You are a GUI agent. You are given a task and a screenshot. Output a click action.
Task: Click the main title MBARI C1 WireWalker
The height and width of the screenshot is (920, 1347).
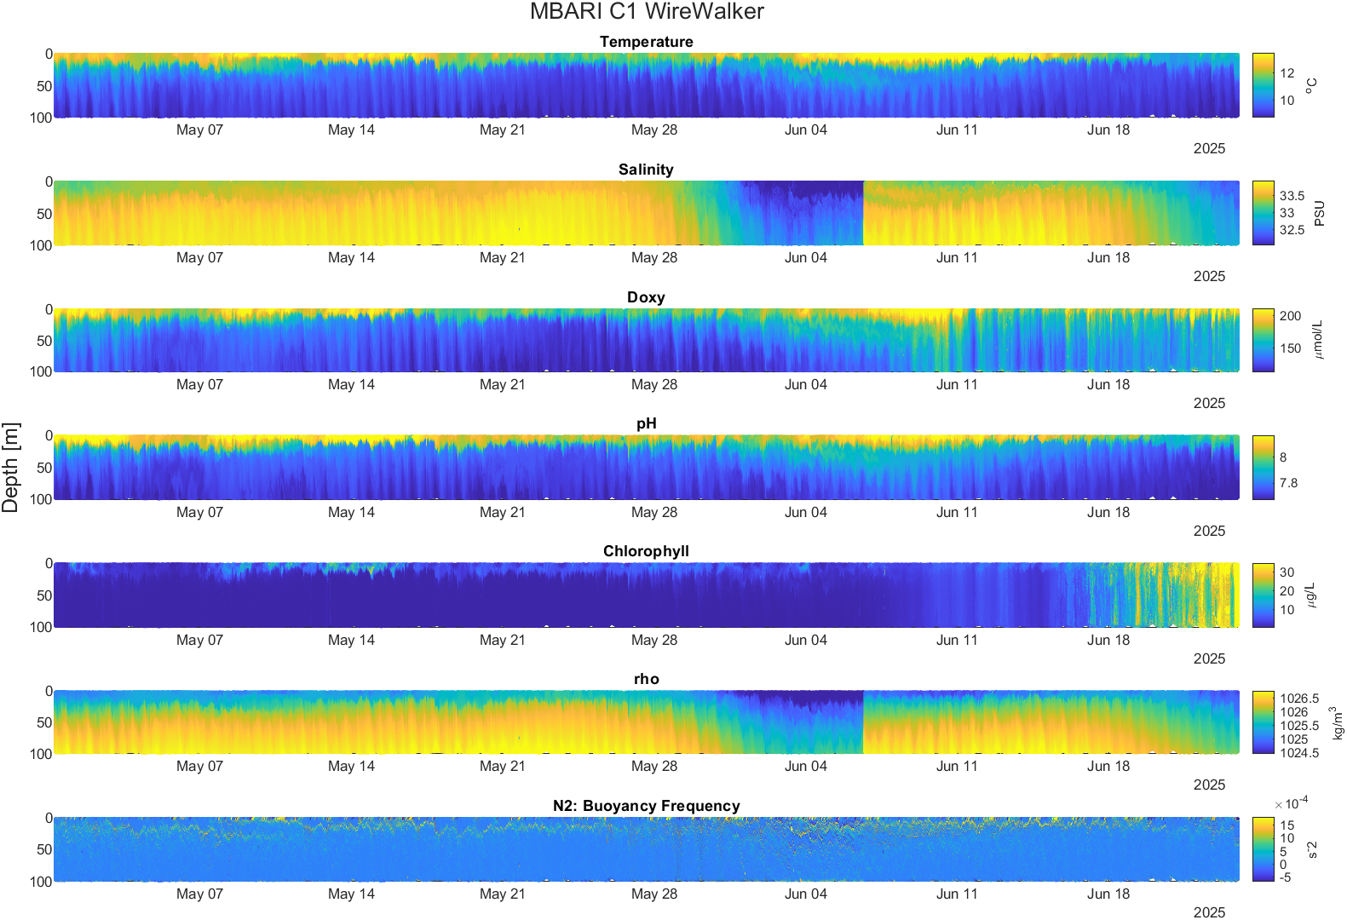647,11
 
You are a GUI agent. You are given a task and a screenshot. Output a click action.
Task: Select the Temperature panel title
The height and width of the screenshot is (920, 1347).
647,42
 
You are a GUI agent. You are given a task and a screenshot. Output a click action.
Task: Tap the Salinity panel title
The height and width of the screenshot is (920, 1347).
647,170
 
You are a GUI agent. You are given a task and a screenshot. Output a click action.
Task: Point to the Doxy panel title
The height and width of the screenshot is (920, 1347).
647,297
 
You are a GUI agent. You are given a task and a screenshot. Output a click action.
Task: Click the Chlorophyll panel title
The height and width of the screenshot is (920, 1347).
647,551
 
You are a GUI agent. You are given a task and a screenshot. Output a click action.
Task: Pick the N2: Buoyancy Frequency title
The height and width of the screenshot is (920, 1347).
647,806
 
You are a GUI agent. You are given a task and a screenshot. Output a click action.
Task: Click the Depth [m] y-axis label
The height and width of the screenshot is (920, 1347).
10,467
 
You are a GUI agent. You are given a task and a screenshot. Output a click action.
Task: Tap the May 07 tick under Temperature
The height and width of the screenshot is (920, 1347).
199,129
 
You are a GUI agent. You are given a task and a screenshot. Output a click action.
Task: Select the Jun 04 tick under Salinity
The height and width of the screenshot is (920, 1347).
806,257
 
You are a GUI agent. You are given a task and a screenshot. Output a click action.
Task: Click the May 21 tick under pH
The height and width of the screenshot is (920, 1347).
503,512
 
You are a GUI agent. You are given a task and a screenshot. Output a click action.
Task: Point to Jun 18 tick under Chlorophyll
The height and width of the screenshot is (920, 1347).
1108,640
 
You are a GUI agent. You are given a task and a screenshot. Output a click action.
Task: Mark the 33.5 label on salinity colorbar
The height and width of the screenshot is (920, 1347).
1292,196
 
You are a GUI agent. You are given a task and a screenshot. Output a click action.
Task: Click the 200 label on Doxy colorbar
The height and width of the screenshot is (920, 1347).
1290,316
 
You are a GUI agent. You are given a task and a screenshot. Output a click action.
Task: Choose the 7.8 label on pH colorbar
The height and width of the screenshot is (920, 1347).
1288,483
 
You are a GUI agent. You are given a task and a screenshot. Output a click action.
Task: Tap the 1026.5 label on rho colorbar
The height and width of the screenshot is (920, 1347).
1299,699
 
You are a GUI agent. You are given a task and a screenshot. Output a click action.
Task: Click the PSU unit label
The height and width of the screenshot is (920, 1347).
1320,214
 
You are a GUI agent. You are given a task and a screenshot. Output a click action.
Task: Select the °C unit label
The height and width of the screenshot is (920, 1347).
1311,85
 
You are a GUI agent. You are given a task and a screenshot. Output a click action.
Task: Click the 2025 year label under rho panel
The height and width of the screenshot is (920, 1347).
1209,785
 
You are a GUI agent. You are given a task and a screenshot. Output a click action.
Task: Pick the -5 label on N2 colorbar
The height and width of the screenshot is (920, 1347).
1285,877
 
